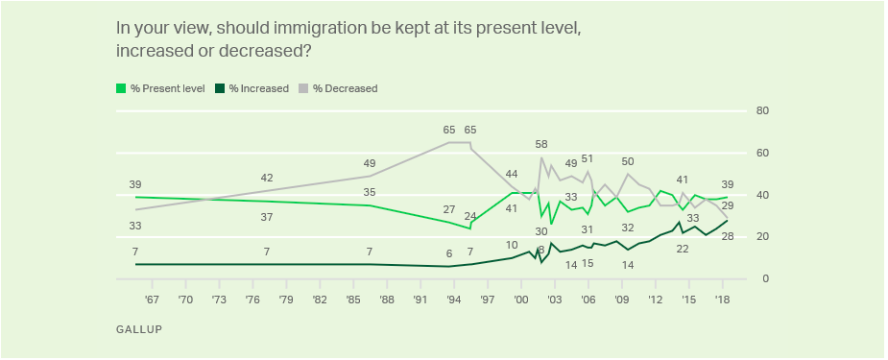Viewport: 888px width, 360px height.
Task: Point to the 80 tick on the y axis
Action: [764, 110]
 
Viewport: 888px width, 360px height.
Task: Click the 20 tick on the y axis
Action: [764, 237]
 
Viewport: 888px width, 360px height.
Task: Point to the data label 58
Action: [541, 144]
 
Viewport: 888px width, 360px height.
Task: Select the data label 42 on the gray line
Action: [267, 178]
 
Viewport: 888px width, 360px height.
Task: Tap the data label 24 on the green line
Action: [470, 216]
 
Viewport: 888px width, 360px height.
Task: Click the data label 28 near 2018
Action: [728, 236]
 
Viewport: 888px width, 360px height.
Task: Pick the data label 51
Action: [588, 158]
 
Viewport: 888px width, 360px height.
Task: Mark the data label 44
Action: [512, 174]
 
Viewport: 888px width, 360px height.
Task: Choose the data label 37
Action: [267, 217]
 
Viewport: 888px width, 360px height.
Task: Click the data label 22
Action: [684, 249]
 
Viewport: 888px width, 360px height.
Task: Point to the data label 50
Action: [628, 161]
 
